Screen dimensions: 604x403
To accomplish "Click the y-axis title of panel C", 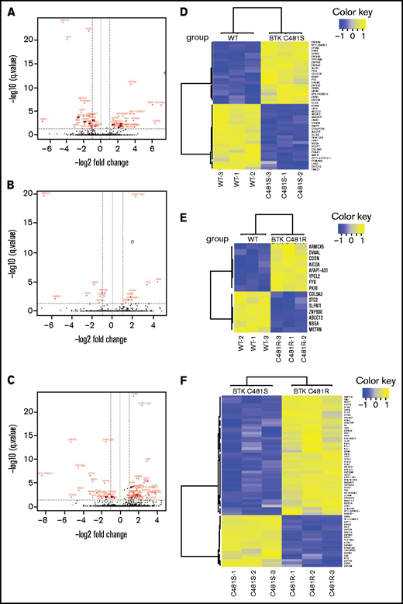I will pos(10,450).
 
